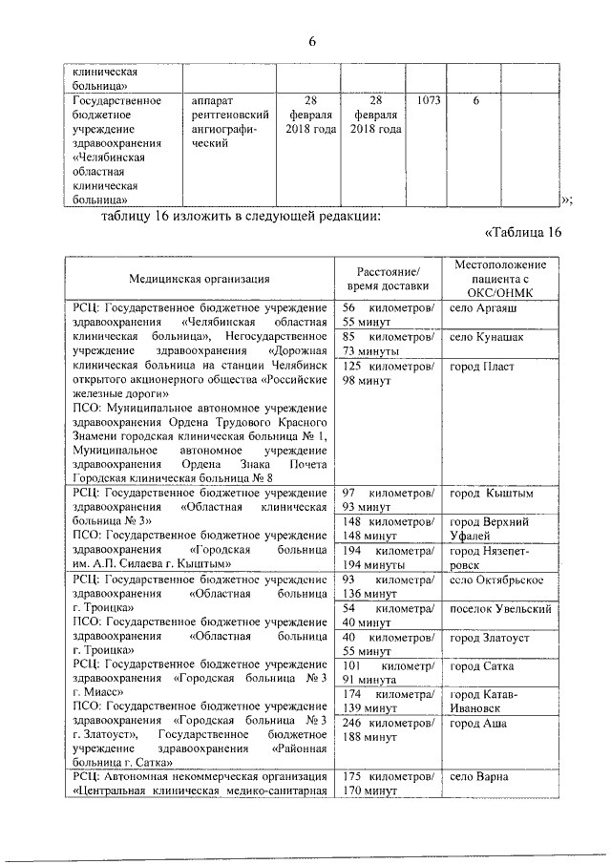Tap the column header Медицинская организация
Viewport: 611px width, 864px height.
coord(200,278)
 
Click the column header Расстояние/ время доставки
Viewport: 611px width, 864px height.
coord(388,278)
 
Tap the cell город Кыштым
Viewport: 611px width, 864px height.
coord(491,493)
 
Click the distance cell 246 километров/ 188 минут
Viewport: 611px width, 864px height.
coord(388,730)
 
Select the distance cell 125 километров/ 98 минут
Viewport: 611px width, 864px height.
coord(388,374)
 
